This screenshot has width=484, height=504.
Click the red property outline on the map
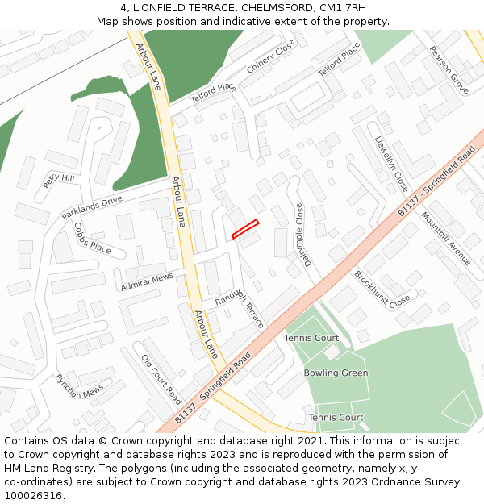[245, 229]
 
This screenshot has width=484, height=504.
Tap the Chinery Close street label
[271, 58]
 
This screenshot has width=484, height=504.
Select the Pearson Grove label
[449, 70]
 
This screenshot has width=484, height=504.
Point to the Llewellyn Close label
[392, 163]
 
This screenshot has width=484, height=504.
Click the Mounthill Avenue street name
[445, 240]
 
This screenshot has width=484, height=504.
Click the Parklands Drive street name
[92, 207]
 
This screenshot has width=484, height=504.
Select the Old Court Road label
[161, 379]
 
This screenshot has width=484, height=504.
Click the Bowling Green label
[336, 373]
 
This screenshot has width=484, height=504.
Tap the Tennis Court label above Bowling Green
[311, 338]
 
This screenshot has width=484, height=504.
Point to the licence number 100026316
[34, 495]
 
